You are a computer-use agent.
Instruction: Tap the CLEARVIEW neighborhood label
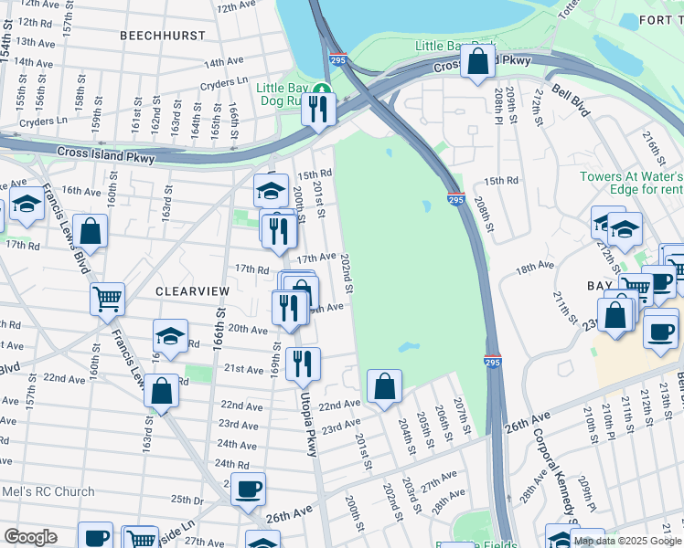[191, 290]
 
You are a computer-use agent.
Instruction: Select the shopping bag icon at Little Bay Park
[478, 63]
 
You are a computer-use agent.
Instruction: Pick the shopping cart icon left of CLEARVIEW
[108, 298]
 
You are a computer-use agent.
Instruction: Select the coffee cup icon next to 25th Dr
[247, 490]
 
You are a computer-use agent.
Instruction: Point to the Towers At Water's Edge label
[631, 183]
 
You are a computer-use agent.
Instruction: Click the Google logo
[30, 537]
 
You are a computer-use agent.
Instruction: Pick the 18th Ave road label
[535, 268]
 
